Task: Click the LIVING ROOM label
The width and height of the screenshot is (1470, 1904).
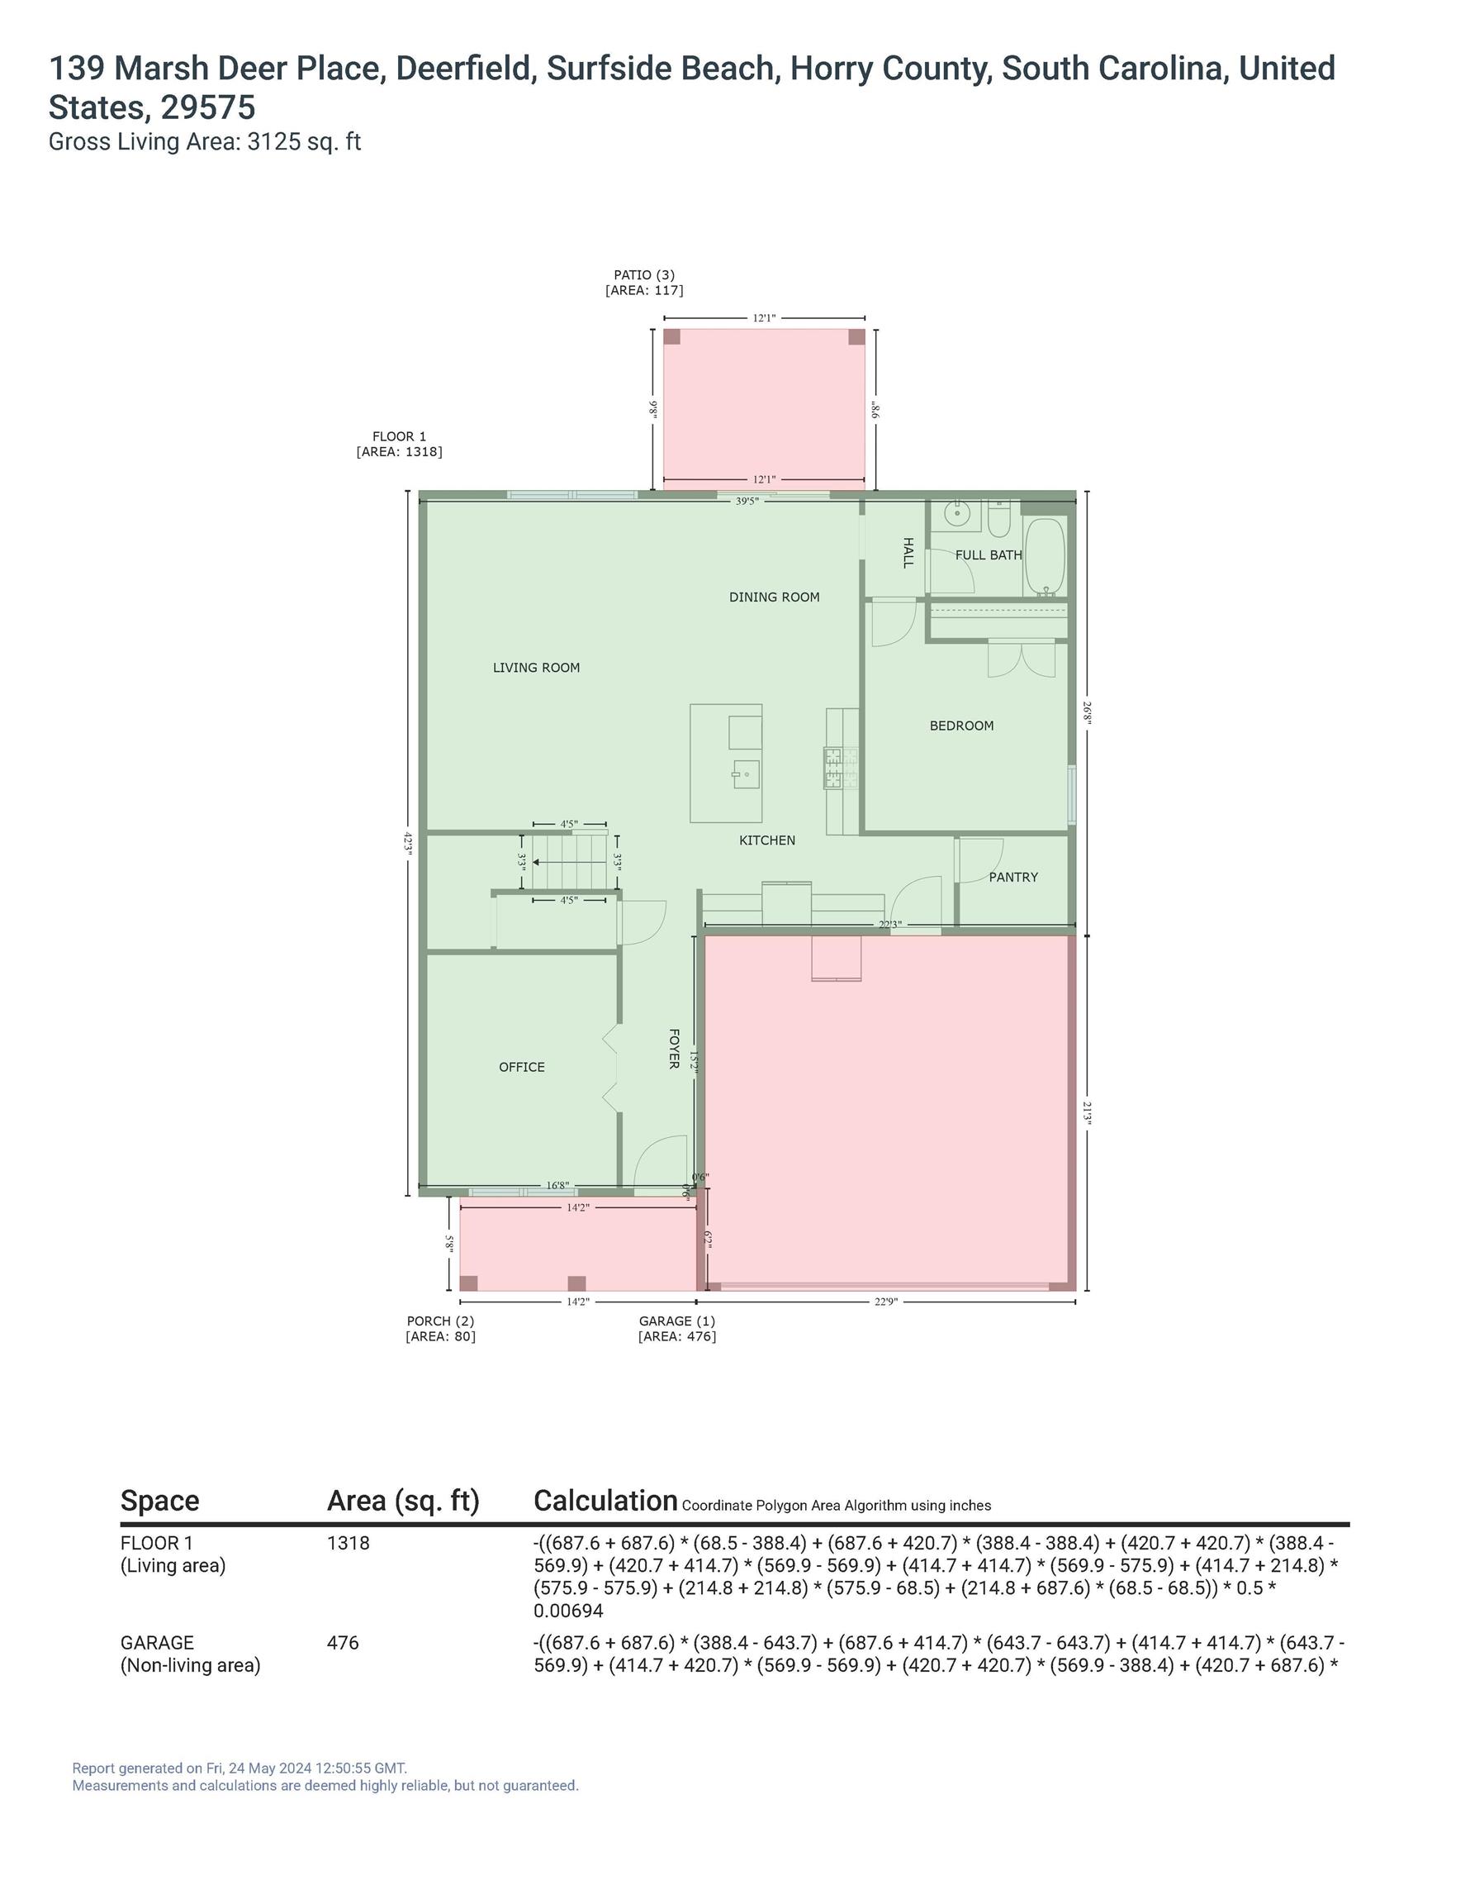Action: click(x=536, y=668)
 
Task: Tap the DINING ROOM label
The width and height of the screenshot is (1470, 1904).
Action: click(x=774, y=597)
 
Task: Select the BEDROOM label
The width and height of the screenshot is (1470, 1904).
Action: click(x=961, y=726)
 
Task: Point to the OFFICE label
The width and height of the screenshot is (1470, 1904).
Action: click(x=521, y=1067)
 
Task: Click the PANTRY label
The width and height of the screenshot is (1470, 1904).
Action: click(x=1012, y=877)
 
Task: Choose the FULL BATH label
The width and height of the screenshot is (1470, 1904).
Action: click(x=989, y=555)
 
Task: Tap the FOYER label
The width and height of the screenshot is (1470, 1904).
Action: click(x=674, y=1048)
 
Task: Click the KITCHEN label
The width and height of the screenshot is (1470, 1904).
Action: click(x=767, y=840)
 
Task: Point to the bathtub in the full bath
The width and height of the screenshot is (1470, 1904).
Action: click(x=1045, y=556)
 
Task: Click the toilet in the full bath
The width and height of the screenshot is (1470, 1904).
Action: click(x=998, y=521)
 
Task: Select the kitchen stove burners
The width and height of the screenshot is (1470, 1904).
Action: click(x=841, y=768)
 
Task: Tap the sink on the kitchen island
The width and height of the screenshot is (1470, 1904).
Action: click(x=746, y=773)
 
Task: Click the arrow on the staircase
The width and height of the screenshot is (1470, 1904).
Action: click(x=569, y=862)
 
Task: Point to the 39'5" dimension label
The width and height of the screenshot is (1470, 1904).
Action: click(x=747, y=502)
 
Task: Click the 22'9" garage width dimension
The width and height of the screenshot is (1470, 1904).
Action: click(x=885, y=1302)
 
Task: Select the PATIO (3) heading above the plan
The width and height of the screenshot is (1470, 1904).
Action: click(x=644, y=274)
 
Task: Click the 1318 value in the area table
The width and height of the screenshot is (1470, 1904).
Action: click(x=349, y=1543)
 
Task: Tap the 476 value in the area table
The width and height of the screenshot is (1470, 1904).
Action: click(x=343, y=1643)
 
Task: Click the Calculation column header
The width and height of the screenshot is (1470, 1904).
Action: click(x=605, y=1502)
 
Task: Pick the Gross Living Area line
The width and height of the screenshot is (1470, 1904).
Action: click(x=205, y=142)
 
